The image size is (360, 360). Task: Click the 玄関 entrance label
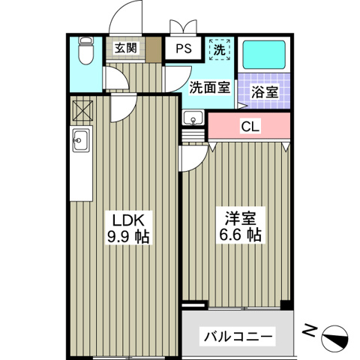(126, 49)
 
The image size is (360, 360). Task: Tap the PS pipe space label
(183, 49)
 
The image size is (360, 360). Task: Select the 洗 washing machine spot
(219, 50)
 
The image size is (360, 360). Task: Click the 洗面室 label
(209, 87)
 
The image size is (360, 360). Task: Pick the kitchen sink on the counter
(81, 139)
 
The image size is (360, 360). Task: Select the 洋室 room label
(240, 218)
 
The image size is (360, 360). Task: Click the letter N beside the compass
(308, 329)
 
